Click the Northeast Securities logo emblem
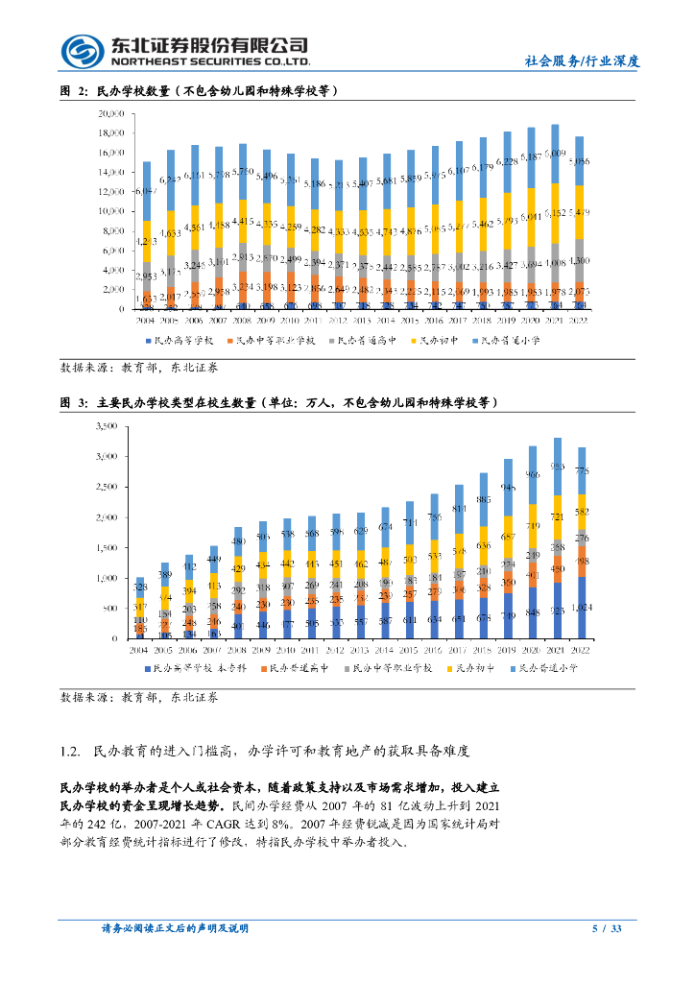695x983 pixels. click(x=83, y=51)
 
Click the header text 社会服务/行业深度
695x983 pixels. click(x=582, y=60)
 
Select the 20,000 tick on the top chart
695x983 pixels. click(x=111, y=112)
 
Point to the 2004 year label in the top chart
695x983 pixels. click(x=146, y=321)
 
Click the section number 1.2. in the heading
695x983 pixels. click(x=73, y=750)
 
